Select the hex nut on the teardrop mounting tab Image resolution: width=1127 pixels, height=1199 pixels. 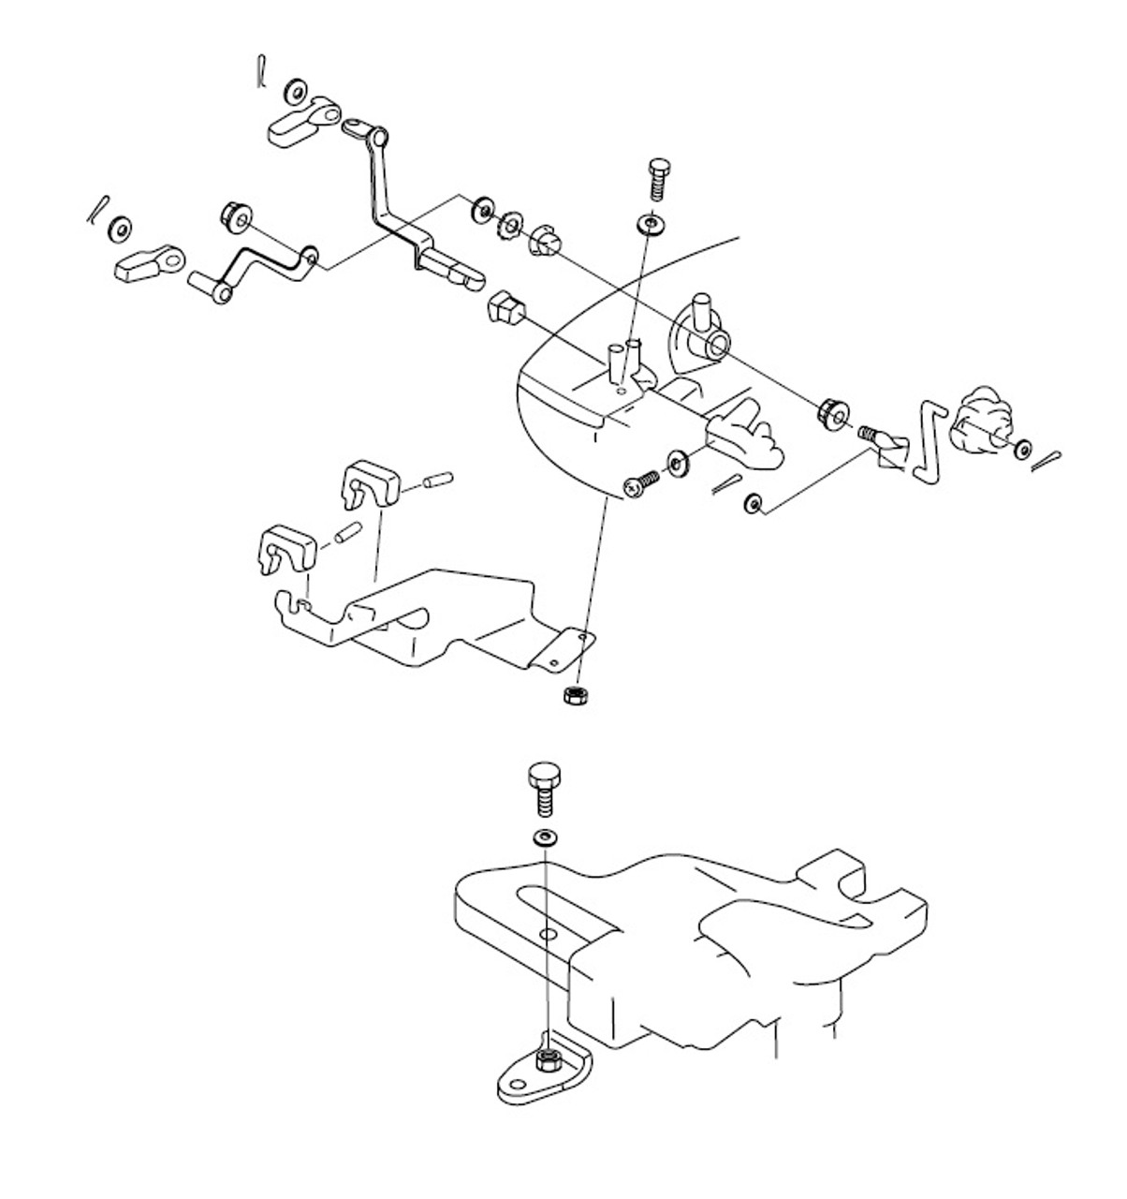click(550, 1059)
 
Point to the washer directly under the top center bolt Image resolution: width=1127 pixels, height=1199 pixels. click(648, 224)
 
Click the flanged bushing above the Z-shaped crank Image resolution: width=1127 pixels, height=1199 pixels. click(233, 216)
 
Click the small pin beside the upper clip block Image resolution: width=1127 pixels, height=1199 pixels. click(437, 481)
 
